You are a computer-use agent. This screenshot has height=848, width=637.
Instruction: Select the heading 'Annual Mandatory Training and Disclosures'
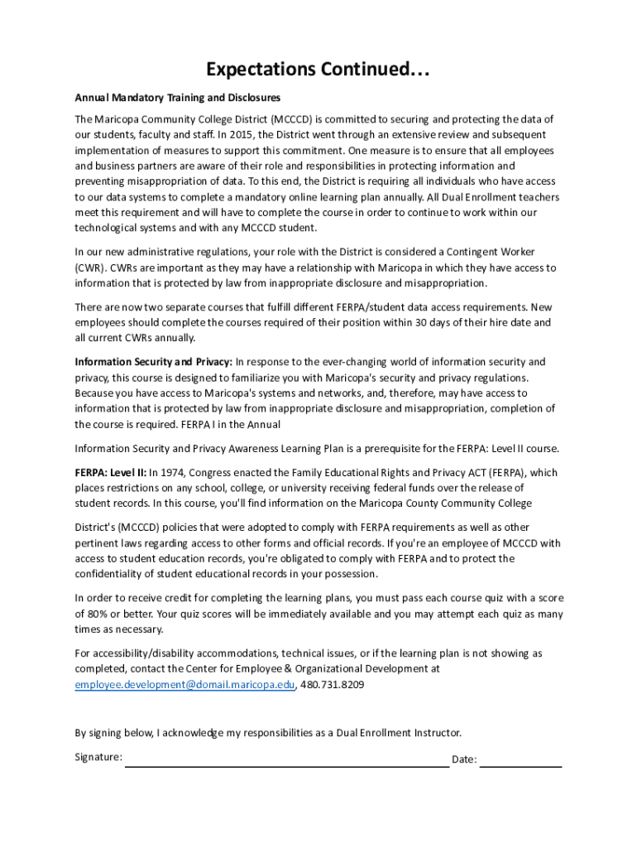click(178, 98)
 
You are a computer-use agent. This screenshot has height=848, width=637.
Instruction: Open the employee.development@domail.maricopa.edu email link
click(184, 685)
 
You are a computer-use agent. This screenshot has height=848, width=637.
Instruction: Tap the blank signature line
click(286, 766)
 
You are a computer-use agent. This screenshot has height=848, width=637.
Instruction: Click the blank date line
click(520, 766)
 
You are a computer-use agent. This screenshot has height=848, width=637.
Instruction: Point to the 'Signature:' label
click(98, 757)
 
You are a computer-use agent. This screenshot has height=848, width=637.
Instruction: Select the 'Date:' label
click(463, 760)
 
